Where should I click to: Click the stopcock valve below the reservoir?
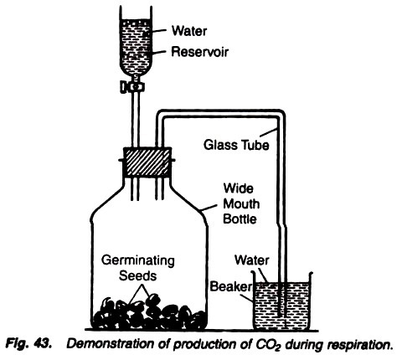click(x=132, y=87)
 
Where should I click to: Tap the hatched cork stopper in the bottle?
click(x=147, y=162)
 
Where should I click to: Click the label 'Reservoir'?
click(x=199, y=52)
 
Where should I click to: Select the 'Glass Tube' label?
click(x=236, y=145)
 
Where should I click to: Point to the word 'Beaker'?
click(x=230, y=286)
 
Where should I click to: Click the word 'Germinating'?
click(x=138, y=261)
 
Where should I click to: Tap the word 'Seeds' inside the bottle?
click(x=137, y=275)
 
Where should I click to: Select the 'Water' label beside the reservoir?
click(x=189, y=31)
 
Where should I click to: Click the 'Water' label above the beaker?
click(x=252, y=260)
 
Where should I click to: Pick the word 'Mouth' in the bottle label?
click(x=241, y=204)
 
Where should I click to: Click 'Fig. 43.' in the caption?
click(x=28, y=343)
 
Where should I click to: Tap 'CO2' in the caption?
click(x=268, y=344)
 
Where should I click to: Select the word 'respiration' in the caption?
click(x=360, y=345)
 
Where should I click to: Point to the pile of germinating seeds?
click(x=149, y=313)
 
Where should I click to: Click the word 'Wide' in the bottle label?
click(x=238, y=188)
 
